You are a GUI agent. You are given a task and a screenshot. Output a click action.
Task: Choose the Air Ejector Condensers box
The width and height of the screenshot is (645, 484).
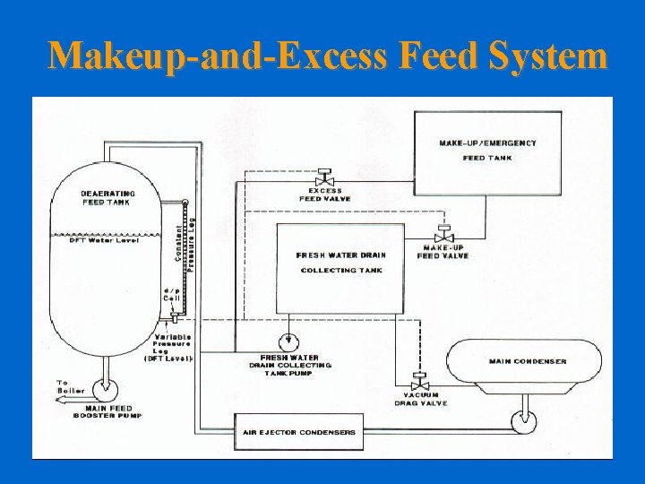pyautogui.click(x=298, y=432)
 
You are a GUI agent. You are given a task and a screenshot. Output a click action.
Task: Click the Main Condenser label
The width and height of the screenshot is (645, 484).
pyautogui.click(x=528, y=362)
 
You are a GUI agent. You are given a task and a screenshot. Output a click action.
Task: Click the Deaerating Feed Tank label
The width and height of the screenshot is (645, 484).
pyautogui.click(x=107, y=198)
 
